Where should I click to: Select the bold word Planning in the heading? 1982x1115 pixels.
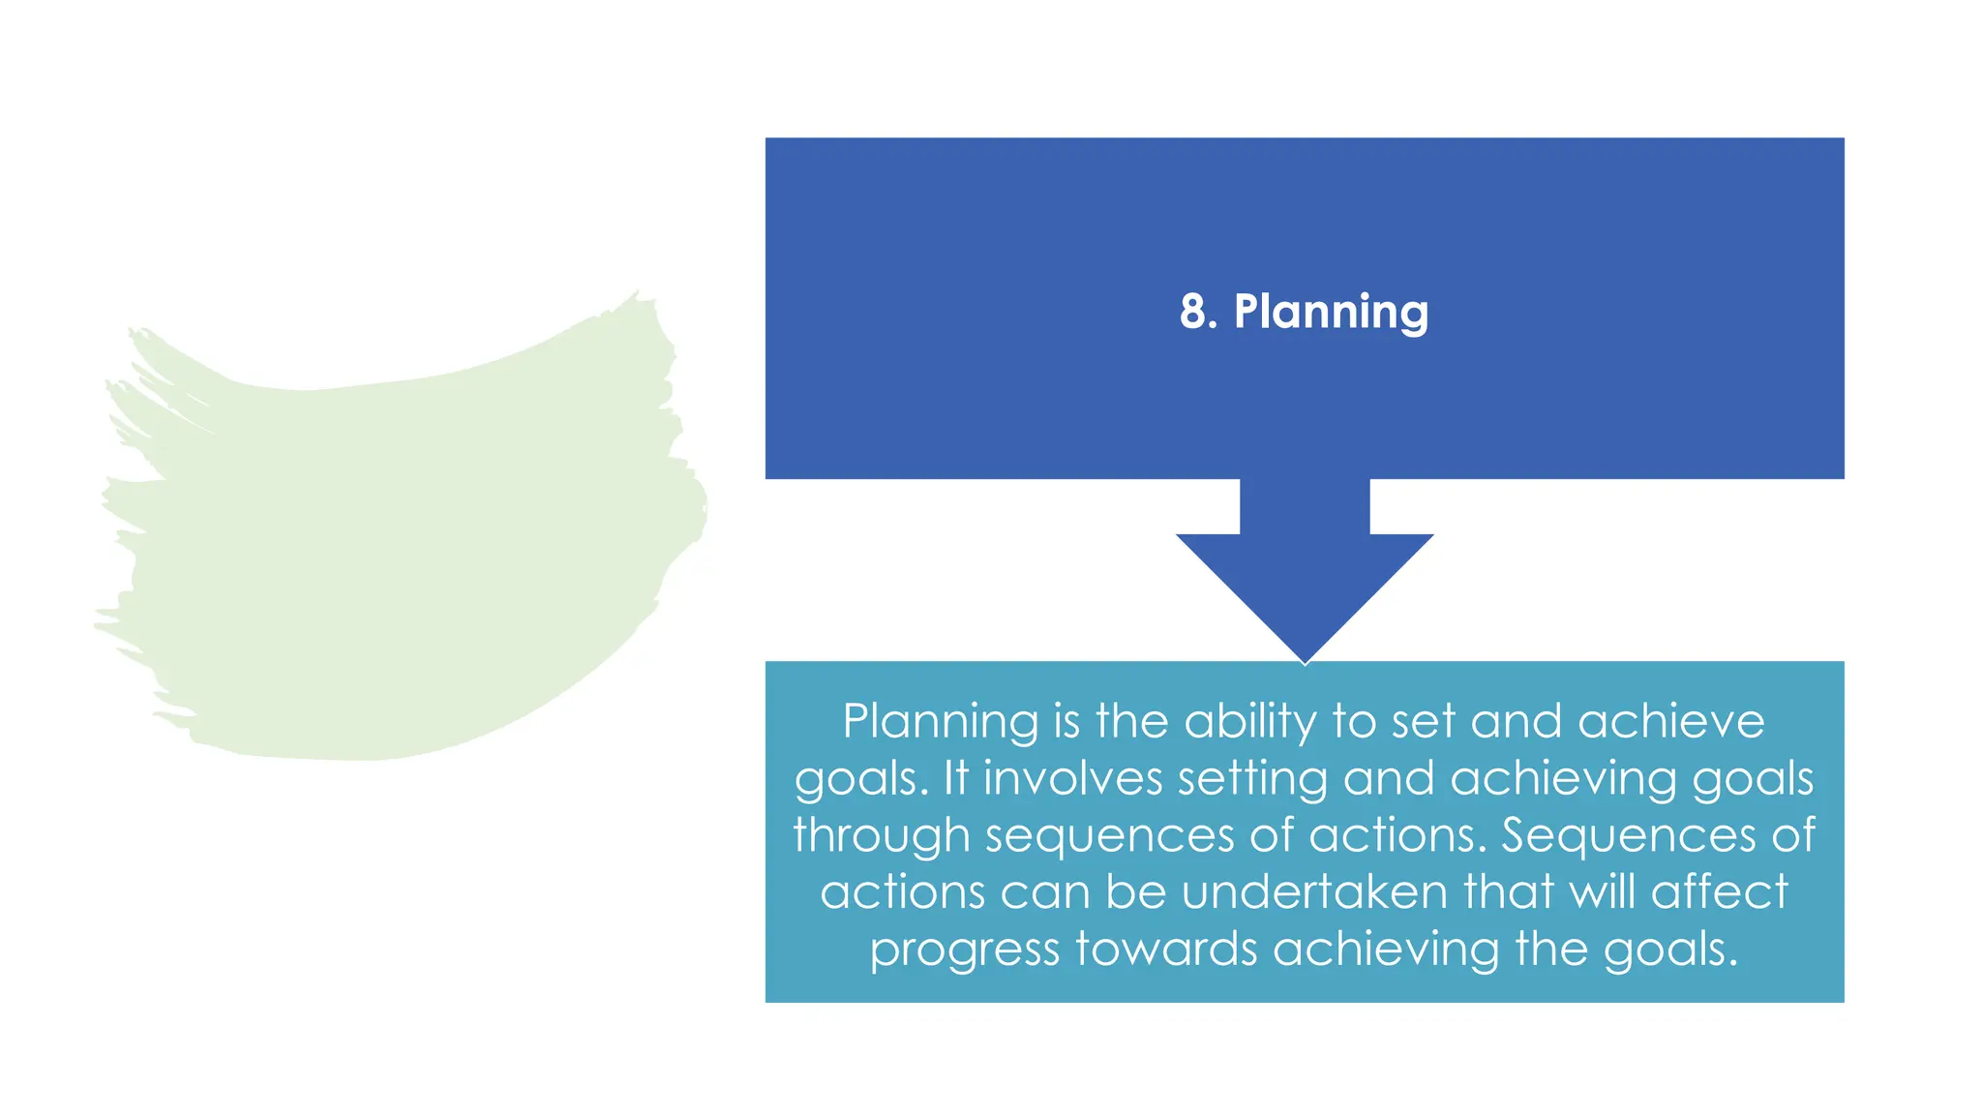pyautogui.click(x=1331, y=313)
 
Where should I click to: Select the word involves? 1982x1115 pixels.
pyautogui.click(x=1072, y=778)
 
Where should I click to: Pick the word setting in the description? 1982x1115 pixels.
pyautogui.click(x=1252, y=778)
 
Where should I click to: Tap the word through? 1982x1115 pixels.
pyautogui.click(x=881, y=835)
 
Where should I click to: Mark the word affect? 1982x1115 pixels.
pyautogui.click(x=1719, y=891)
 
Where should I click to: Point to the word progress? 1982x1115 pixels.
pyautogui.click(x=964, y=949)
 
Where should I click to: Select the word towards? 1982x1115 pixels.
pyautogui.click(x=1166, y=949)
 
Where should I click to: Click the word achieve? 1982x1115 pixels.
pyautogui.click(x=1671, y=722)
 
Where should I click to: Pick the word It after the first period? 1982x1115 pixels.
pyautogui.click(x=955, y=778)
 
